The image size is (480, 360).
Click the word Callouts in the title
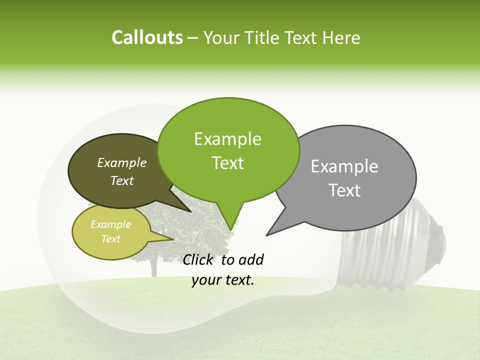tap(147, 37)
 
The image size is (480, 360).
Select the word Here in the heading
tap(341, 37)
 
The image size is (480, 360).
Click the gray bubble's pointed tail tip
tap(266, 235)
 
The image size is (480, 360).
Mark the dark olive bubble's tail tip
tap(190, 211)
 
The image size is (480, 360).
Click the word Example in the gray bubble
tap(344, 166)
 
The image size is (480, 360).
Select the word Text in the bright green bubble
tap(227, 163)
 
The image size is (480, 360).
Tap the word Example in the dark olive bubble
tap(122, 162)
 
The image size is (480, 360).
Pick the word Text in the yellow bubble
tap(111, 239)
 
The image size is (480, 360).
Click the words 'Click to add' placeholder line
tap(223, 259)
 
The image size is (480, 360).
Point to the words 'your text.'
tap(223, 280)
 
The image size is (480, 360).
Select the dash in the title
tap(193, 38)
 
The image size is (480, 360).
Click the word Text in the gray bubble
tap(345, 190)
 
